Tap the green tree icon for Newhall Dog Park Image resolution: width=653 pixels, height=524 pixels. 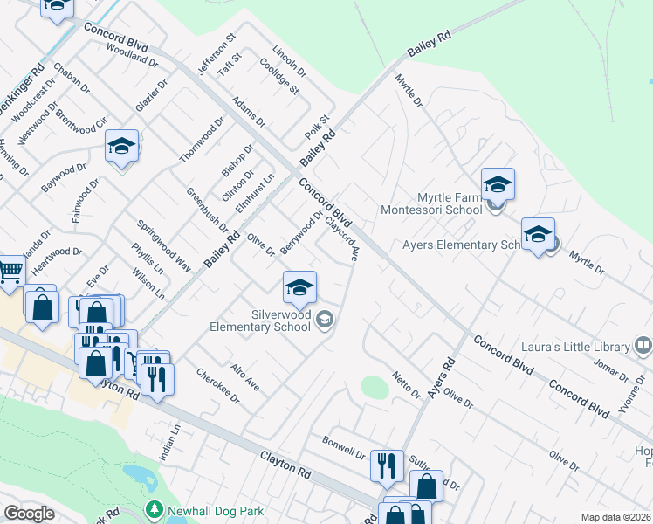155,507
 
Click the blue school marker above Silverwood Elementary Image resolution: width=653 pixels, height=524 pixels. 299,287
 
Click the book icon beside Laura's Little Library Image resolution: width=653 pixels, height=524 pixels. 643,346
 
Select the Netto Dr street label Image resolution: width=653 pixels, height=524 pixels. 406,384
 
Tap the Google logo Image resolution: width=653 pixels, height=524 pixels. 29,514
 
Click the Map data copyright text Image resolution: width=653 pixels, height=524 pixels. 615,517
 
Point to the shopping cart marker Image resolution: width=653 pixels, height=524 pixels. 10,271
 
